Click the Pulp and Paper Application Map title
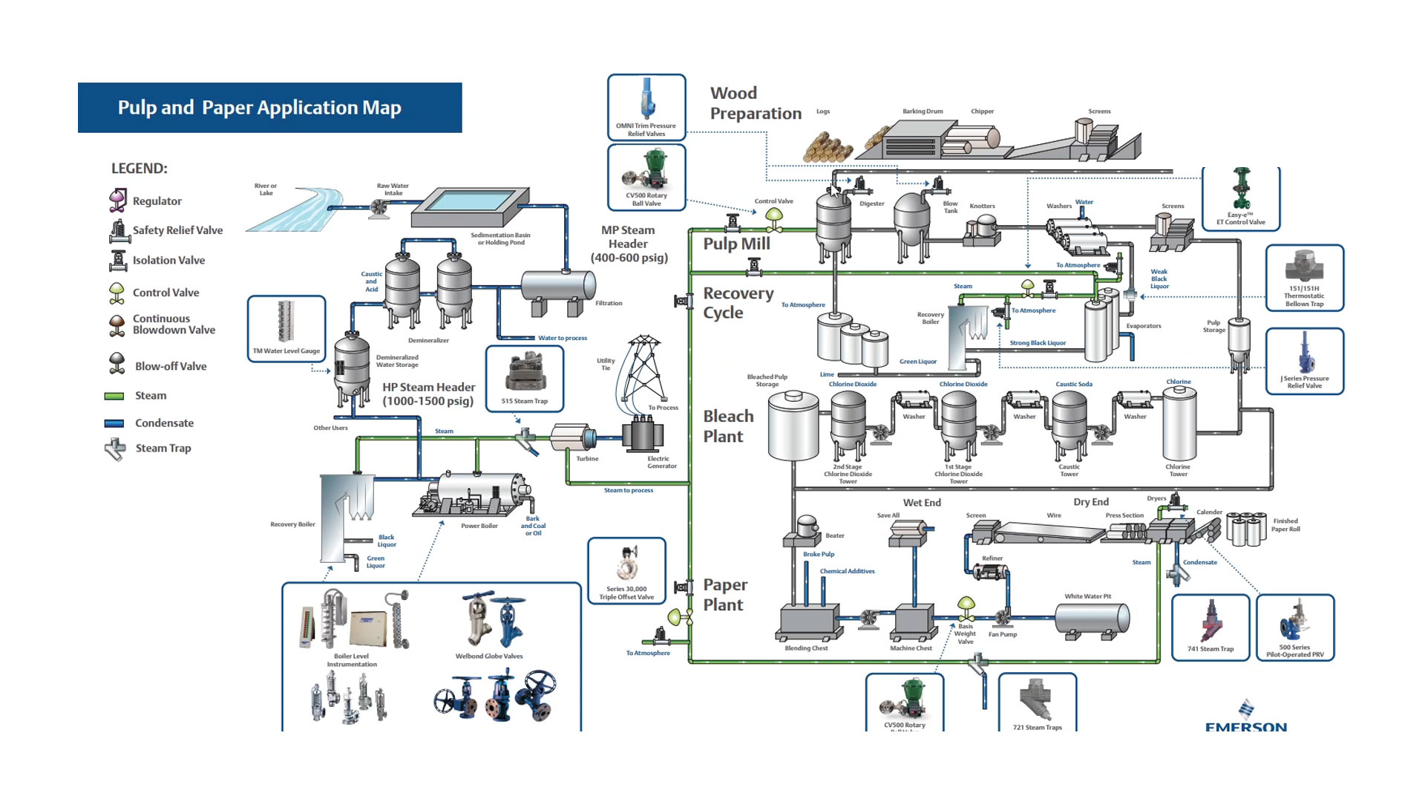(260, 108)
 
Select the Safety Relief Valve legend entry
(166, 230)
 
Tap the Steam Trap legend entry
(148, 449)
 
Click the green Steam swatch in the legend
(114, 396)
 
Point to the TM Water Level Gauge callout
(286, 328)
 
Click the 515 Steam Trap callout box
(525, 378)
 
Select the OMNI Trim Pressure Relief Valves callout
(646, 107)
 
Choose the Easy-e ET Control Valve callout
(1241, 198)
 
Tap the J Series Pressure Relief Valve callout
(1305, 361)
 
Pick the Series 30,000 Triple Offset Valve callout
(626, 570)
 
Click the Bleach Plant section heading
(728, 426)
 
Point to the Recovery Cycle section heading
(738, 303)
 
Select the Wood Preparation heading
(755, 103)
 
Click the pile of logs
(828, 147)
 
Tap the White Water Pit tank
(1092, 619)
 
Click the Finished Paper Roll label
(1285, 525)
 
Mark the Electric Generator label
(661, 462)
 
